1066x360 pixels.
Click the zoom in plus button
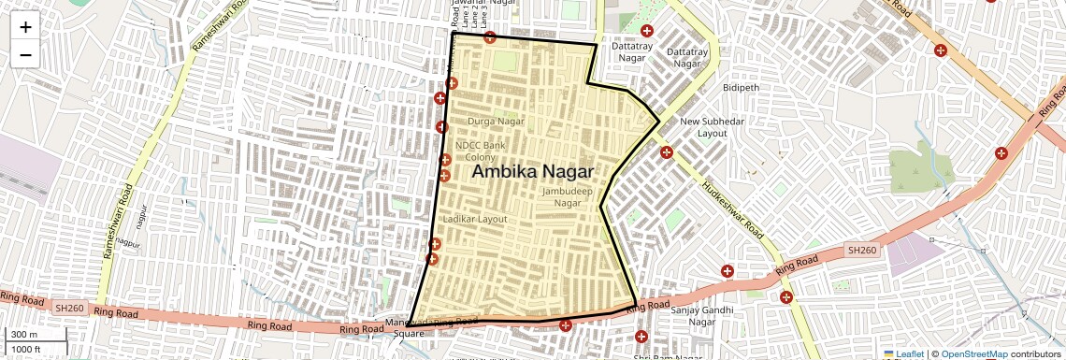pyautogui.click(x=25, y=27)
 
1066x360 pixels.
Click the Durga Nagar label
pyautogui.click(x=496, y=122)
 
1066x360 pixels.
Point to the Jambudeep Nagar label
pyautogui.click(x=568, y=196)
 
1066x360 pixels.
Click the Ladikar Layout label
pyautogui.click(x=474, y=219)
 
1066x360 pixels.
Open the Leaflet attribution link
pyautogui.click(x=904, y=353)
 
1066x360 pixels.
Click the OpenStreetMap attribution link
pyautogui.click(x=973, y=353)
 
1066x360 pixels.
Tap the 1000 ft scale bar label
pyautogui.click(x=27, y=349)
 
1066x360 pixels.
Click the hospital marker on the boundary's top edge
pyautogui.click(x=489, y=38)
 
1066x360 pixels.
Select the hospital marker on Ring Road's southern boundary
pyautogui.click(x=566, y=325)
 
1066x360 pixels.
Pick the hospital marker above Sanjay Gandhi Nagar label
pyautogui.click(x=727, y=271)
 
